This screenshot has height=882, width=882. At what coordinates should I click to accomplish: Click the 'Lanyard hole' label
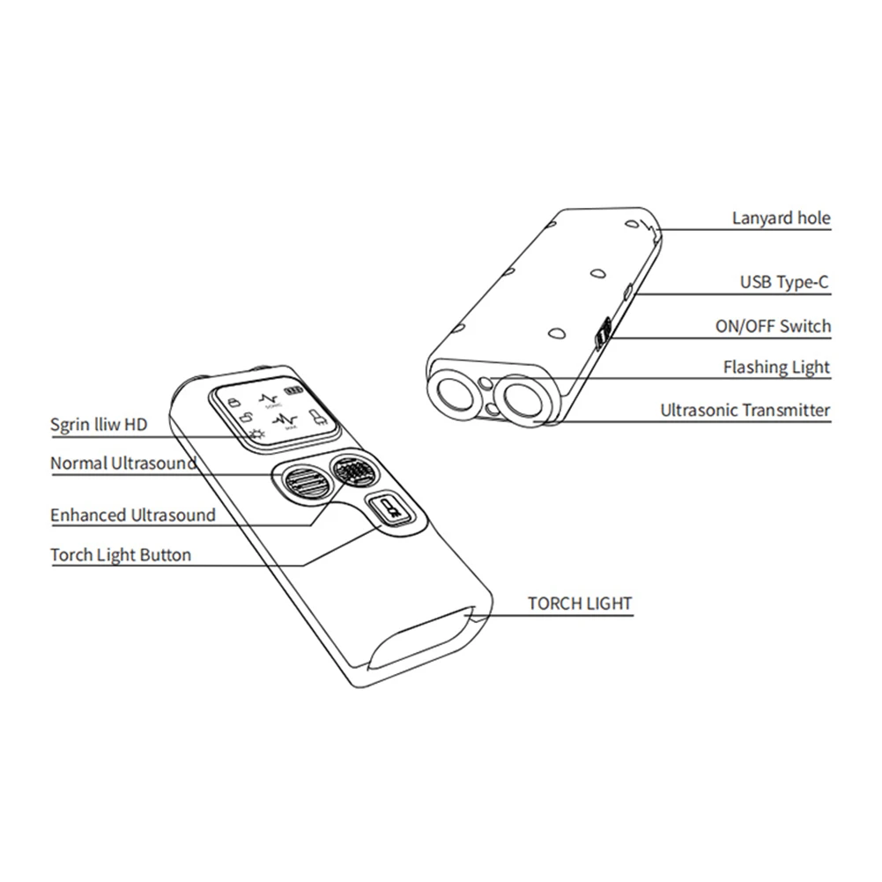[x=781, y=218]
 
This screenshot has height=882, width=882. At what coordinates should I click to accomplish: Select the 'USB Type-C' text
[x=784, y=282]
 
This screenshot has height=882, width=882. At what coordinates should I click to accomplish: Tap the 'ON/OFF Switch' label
[x=773, y=326]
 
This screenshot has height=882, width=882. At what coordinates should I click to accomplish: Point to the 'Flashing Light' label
[x=776, y=367]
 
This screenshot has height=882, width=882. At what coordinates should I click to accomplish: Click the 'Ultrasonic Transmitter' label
[x=745, y=410]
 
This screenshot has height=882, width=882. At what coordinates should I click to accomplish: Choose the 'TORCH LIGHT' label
[x=579, y=604]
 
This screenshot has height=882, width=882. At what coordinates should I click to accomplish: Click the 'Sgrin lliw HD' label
[x=99, y=425]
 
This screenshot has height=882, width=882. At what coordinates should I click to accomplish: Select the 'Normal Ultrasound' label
[x=122, y=463]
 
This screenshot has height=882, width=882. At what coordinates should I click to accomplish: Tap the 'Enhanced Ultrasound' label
[x=132, y=515]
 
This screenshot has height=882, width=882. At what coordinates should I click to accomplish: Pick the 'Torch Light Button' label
[x=120, y=555]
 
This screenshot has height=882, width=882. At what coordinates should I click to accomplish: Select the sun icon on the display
[x=257, y=434]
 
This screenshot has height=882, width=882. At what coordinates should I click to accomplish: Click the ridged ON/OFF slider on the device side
[x=602, y=334]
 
